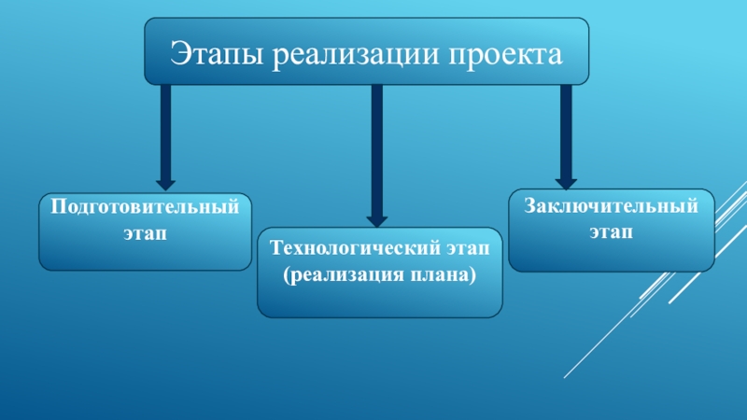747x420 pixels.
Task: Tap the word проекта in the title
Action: point(507,54)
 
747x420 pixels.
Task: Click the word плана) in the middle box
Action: point(443,276)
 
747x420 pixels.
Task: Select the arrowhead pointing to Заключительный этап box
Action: point(566,183)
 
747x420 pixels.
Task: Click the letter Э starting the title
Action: point(176,53)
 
